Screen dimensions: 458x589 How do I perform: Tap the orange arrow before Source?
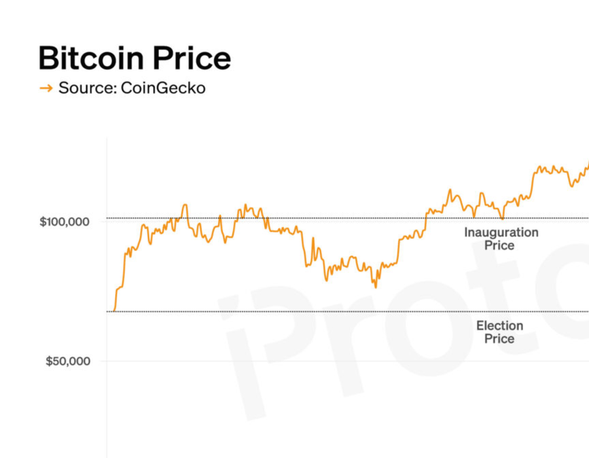click(46, 88)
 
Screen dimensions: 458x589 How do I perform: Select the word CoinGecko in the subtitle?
click(163, 88)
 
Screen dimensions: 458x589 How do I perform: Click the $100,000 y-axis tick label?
click(64, 222)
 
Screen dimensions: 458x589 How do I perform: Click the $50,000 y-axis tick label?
click(67, 361)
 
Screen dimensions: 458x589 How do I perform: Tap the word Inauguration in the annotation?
click(501, 232)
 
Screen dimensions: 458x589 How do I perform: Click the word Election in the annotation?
click(499, 326)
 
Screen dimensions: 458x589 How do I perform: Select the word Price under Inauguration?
click(499, 246)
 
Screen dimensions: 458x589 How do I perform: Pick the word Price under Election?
click(499, 339)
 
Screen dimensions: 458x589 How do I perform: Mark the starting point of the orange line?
click(113, 311)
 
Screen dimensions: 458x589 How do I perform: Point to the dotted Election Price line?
click(294, 312)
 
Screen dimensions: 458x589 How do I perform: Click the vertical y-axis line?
click(107, 294)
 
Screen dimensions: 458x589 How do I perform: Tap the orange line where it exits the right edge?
click(587, 164)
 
